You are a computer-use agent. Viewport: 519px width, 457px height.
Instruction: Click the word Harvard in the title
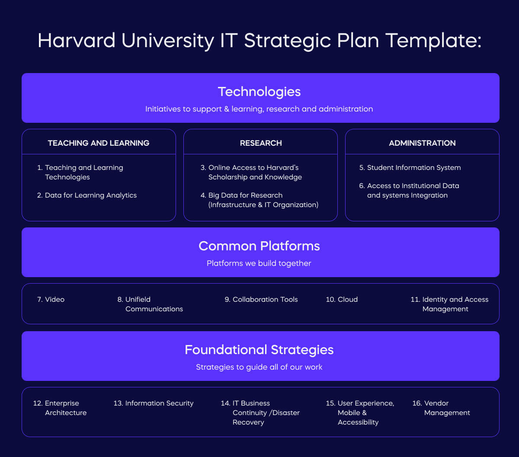point(77,41)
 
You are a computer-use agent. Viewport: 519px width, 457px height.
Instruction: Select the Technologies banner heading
point(259,92)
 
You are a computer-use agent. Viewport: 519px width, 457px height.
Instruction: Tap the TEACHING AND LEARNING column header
point(99,143)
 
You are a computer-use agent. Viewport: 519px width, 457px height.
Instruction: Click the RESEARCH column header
point(261,143)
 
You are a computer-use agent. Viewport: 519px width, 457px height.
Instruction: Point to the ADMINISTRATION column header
point(422,143)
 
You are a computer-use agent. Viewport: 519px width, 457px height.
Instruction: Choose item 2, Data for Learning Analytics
point(90,195)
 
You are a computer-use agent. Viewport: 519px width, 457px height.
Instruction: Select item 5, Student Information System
point(413,168)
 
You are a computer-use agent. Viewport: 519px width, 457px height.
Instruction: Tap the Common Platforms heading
point(259,246)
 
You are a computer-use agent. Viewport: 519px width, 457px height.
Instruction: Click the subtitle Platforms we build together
point(259,263)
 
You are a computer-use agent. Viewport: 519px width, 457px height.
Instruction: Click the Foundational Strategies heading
point(259,350)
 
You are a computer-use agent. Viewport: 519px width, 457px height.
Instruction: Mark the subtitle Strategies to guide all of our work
point(259,367)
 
